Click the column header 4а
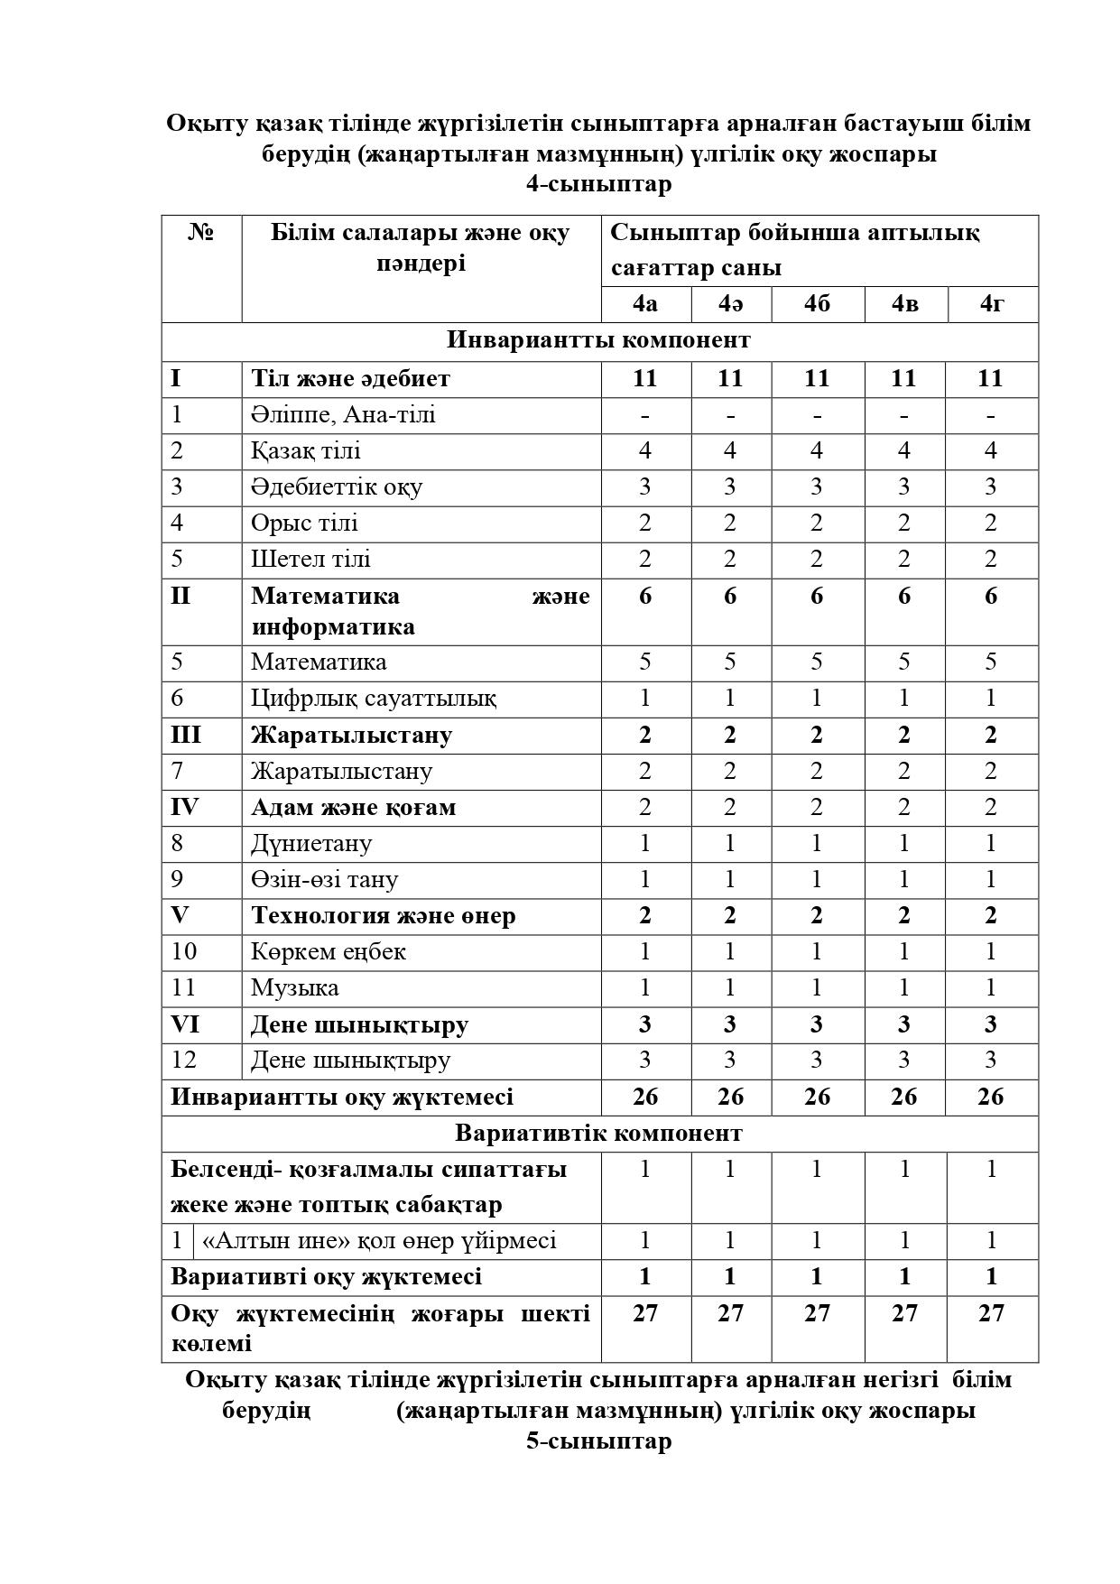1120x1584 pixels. tap(645, 304)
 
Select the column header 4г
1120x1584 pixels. tap(992, 304)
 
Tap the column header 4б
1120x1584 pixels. tap(817, 304)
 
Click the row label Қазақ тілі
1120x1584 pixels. tap(306, 450)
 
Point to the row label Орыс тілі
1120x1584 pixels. tap(304, 523)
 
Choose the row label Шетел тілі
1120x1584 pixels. tap(310, 559)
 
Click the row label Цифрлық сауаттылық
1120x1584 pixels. tap(373, 698)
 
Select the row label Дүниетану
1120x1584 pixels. tap(311, 843)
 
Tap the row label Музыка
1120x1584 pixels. tap(295, 987)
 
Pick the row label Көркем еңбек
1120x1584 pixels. tap(329, 951)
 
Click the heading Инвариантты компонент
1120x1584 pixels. tap(598, 340)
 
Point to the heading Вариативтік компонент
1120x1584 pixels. tap(598, 1133)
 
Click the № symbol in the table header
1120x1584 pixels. tap(201, 233)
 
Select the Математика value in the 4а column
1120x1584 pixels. tap(645, 662)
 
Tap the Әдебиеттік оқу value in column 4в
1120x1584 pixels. tap(904, 486)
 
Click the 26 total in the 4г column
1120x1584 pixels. tap(991, 1097)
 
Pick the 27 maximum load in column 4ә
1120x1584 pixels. tap(730, 1313)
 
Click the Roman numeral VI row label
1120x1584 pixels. tap(185, 1024)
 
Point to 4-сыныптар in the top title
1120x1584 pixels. tap(598, 184)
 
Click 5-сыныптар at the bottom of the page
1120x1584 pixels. tap(598, 1440)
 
